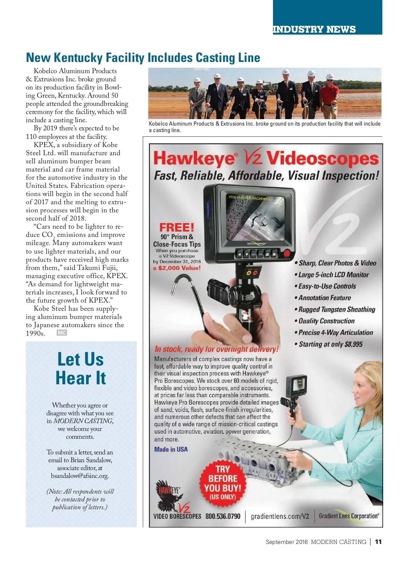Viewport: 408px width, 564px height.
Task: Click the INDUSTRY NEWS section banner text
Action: [314, 29]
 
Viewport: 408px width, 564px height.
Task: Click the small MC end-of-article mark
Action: [62, 333]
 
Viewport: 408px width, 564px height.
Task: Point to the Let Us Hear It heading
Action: [81, 369]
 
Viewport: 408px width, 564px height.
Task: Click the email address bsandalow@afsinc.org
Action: [80, 476]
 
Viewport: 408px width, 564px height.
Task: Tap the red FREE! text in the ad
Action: [177, 227]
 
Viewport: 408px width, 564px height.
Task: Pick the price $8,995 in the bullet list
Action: [354, 344]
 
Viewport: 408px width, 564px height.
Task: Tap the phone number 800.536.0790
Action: [223, 516]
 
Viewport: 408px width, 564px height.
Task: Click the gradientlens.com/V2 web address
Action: [280, 516]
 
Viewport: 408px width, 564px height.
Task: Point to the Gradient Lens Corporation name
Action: [349, 516]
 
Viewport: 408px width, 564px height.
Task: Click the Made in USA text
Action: [171, 449]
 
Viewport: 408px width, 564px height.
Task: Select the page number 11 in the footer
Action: [378, 542]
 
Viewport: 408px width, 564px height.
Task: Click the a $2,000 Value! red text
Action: [177, 268]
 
